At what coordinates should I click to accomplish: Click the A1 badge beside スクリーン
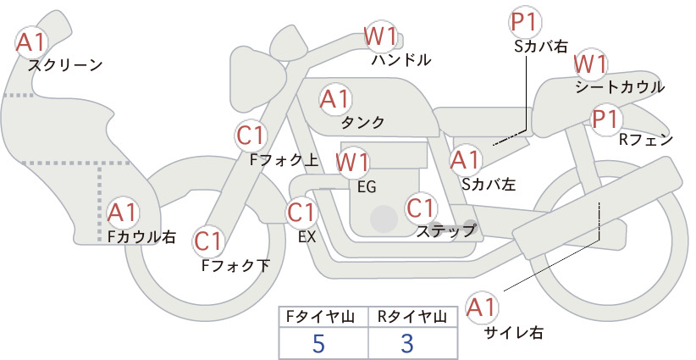point(31,42)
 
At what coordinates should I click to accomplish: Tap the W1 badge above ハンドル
point(380,36)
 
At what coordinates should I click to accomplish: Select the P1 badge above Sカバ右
point(526,22)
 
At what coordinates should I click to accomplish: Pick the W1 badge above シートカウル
point(590,65)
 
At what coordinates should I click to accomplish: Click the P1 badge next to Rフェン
point(606,119)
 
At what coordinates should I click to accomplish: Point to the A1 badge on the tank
point(335,99)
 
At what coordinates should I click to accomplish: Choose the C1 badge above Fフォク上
point(251,136)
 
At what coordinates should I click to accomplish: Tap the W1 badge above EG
point(352,162)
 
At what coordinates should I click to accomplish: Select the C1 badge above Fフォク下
point(208,241)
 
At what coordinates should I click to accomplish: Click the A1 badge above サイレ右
point(482,307)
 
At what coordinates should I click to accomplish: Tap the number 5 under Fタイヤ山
point(318,343)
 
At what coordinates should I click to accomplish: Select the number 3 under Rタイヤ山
point(407,343)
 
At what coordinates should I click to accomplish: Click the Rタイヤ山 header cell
point(412,317)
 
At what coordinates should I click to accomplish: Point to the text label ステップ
point(445,231)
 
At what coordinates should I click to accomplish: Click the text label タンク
point(362,122)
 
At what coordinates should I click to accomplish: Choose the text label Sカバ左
point(489,184)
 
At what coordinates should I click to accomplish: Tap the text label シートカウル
point(620,87)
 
